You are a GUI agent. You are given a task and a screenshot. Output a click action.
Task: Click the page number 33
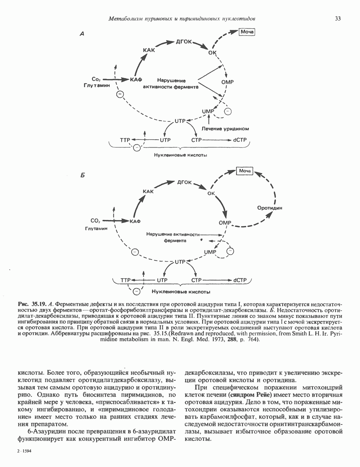(x=337, y=19)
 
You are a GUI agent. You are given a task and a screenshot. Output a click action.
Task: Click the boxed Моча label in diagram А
(x=247, y=32)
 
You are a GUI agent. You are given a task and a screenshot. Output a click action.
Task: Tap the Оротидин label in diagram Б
(x=270, y=208)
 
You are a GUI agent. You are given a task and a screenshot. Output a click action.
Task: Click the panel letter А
(x=82, y=34)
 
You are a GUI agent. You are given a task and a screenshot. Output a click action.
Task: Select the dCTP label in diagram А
(x=240, y=140)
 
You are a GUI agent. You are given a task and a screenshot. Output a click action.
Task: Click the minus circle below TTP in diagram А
(x=137, y=147)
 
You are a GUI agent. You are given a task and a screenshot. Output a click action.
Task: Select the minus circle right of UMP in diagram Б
(x=230, y=251)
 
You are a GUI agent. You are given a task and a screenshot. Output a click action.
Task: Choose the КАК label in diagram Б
(x=148, y=191)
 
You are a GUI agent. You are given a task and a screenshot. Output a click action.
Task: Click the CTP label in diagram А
(x=196, y=140)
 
